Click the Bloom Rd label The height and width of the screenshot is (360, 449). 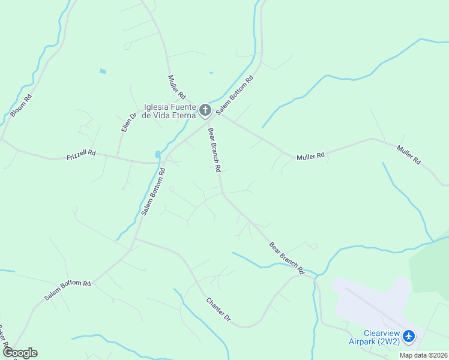click(x=21, y=106)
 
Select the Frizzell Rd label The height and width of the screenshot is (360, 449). click(x=81, y=154)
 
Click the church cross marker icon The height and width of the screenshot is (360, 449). click(x=205, y=110)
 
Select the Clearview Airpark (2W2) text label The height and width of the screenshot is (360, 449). click(x=374, y=337)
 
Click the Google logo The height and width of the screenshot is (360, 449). click(x=20, y=353)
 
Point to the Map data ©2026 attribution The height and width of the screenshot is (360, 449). click(x=423, y=355)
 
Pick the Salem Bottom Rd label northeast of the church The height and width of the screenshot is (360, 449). click(x=235, y=95)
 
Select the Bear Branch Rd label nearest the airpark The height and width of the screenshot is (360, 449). click(x=287, y=258)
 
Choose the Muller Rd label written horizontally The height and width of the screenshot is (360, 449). click(x=311, y=156)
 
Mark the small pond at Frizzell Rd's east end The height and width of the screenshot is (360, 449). click(x=158, y=154)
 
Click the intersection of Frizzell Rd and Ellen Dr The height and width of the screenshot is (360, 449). click(x=117, y=158)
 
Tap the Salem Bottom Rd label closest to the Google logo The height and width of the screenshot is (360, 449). click(x=67, y=290)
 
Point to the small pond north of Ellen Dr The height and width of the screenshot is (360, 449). click(x=103, y=71)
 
